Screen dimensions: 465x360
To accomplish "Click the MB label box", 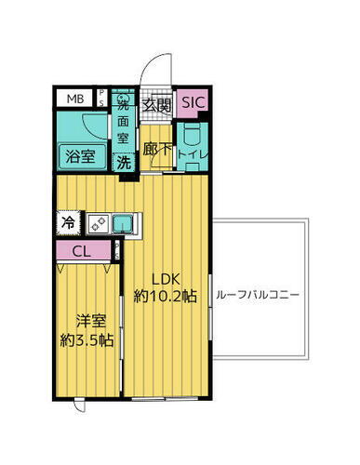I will pyautogui.click(x=74, y=98).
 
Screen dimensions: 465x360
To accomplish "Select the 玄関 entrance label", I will pyautogui.click(x=155, y=104).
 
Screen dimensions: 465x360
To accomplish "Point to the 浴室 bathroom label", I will pyautogui.click(x=78, y=156).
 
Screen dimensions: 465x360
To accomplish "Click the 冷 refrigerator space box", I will pyautogui.click(x=69, y=222).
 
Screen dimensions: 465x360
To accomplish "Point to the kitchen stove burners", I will pyautogui.click(x=97, y=223).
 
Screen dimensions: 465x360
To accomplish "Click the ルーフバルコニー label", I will pyautogui.click(x=257, y=294).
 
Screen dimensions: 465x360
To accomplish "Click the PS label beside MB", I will pyautogui.click(x=103, y=98).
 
